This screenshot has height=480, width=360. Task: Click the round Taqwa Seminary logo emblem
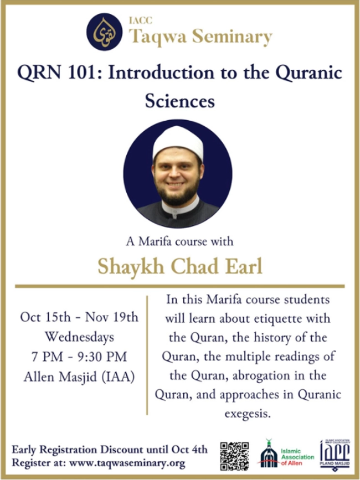[x=104, y=32]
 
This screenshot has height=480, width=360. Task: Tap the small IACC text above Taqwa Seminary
[x=141, y=20]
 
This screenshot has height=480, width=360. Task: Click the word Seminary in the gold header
[x=232, y=37]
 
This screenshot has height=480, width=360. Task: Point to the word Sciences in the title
[x=180, y=101]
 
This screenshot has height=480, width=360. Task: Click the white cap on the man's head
[x=178, y=143]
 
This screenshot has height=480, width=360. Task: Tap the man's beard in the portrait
[x=177, y=193]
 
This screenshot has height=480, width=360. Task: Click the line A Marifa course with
[x=179, y=241]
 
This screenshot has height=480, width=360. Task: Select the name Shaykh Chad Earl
[x=180, y=266]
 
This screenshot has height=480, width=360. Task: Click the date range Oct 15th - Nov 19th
[x=79, y=317]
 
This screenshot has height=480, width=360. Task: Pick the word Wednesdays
[x=80, y=337]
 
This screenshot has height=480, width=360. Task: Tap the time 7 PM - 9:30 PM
[x=79, y=357]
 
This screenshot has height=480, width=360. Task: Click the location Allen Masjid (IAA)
[x=79, y=377]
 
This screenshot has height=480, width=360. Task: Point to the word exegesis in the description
[x=248, y=414]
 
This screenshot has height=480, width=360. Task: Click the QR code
[x=234, y=456]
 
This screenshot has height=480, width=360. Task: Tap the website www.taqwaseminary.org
[x=127, y=463]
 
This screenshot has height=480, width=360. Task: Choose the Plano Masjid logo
[x=335, y=455]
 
